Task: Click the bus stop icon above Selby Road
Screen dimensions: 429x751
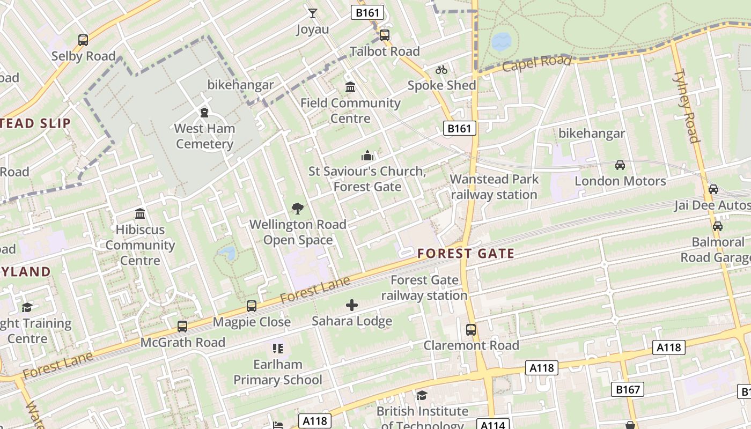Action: tap(83, 40)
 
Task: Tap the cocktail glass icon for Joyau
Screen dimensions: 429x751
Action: tap(313, 13)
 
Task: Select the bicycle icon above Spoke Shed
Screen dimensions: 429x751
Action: tap(441, 70)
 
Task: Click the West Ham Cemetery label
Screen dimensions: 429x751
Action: tap(204, 136)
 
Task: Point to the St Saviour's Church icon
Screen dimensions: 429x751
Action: tap(367, 156)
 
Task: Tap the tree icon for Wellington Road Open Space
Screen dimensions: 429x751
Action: tap(297, 209)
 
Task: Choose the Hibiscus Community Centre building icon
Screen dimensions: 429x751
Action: tap(140, 214)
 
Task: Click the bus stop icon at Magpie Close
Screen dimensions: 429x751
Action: tap(252, 306)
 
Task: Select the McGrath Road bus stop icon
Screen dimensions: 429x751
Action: tap(182, 327)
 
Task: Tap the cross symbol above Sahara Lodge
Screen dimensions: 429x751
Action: tap(352, 306)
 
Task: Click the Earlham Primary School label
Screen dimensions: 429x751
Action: tap(278, 372)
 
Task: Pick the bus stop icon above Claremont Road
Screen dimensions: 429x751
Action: tap(471, 330)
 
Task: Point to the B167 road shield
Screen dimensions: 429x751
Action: tap(628, 389)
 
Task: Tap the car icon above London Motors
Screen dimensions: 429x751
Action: tap(620, 165)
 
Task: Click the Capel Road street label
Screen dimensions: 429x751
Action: tap(536, 63)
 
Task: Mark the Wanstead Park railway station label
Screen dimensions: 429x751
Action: tap(494, 187)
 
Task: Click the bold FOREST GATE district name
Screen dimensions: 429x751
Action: tap(466, 254)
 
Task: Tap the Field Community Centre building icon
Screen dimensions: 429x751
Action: tap(350, 87)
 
